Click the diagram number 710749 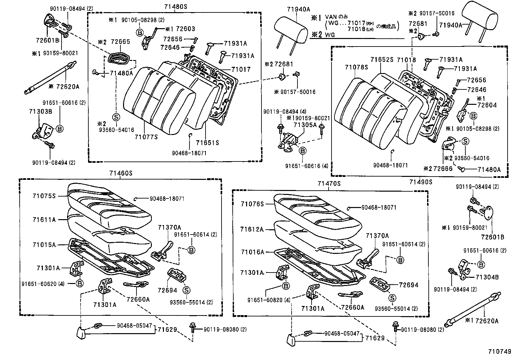500,351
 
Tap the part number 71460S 121,173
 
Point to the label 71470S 329,184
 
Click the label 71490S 421,182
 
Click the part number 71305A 305,125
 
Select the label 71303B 40,112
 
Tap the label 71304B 487,277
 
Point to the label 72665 120,42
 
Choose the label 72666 442,168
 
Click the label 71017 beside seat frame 241,69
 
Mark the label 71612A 252,229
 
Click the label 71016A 252,252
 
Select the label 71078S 356,67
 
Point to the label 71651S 207,143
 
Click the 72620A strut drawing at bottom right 473,307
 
